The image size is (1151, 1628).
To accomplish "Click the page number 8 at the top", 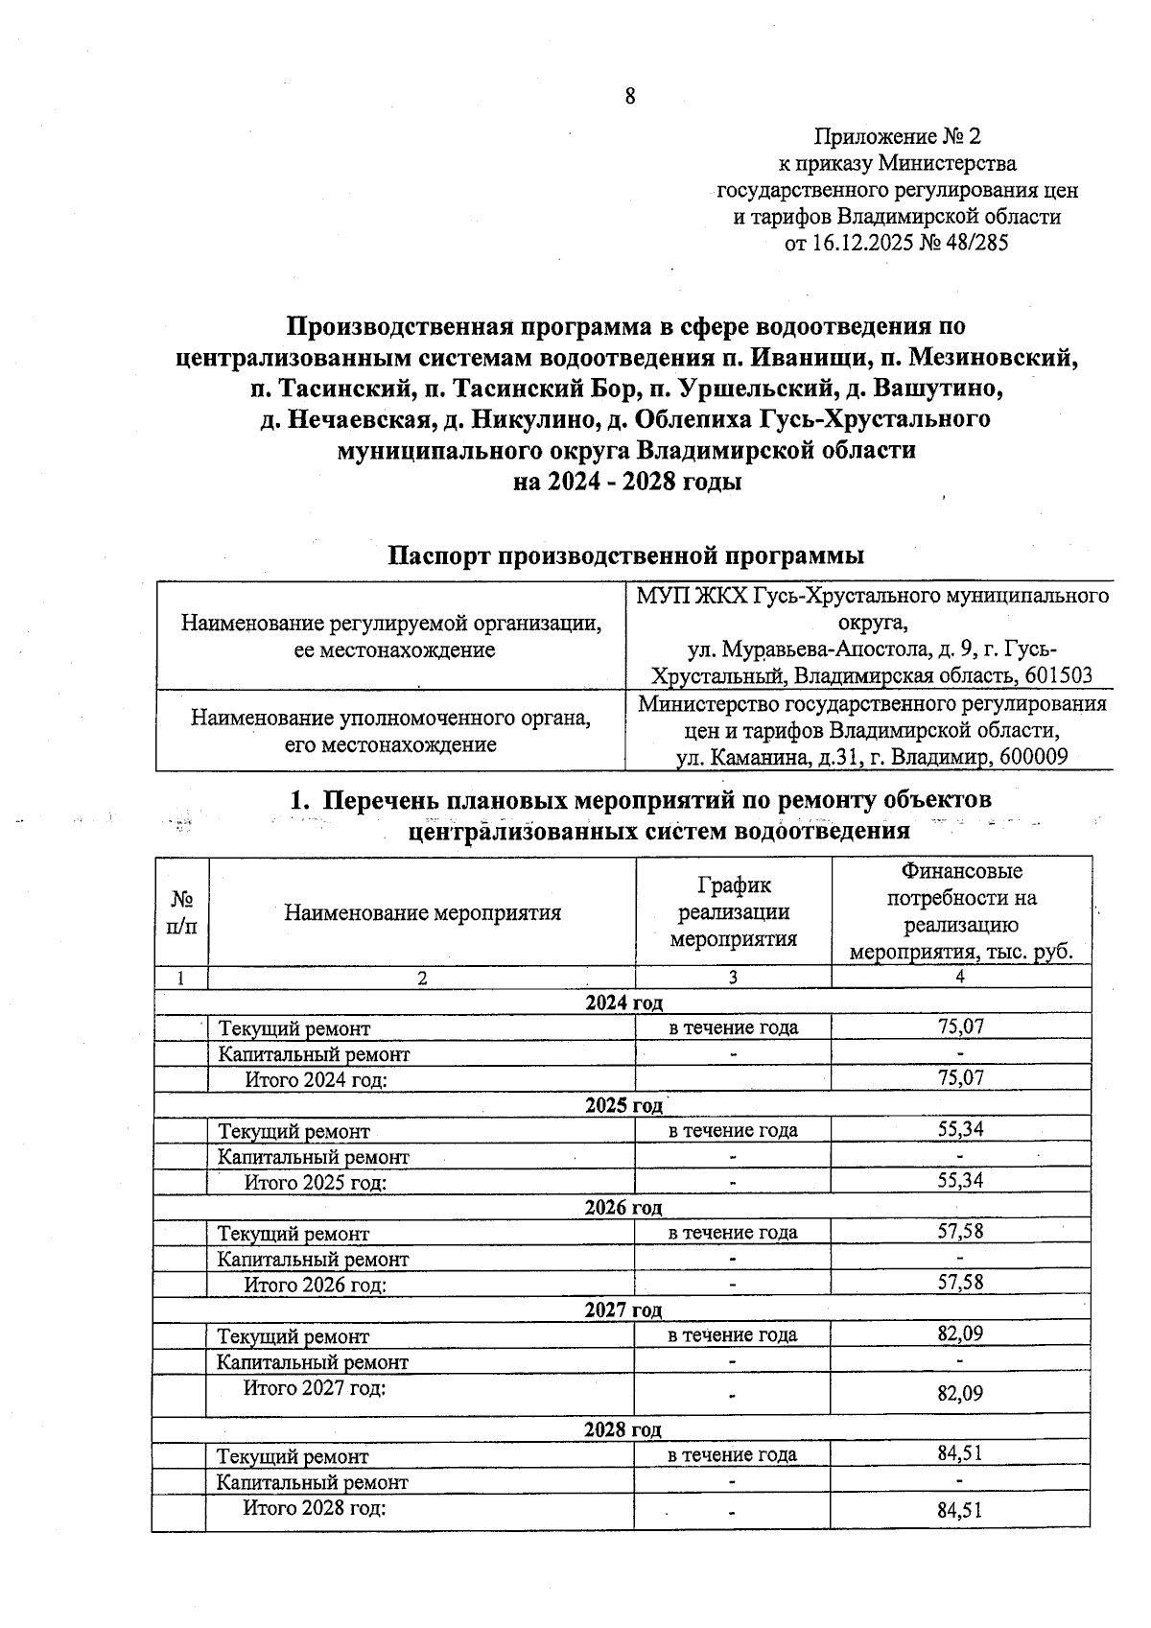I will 630,96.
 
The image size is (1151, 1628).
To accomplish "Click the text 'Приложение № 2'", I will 898,137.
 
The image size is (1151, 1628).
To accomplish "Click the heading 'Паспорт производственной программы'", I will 625,555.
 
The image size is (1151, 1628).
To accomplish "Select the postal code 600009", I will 1033,757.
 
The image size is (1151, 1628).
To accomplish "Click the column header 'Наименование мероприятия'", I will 422,912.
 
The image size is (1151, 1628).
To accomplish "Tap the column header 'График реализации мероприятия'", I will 733,911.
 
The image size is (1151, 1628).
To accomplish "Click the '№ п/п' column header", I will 181,912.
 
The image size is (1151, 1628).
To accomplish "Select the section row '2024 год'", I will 623,1003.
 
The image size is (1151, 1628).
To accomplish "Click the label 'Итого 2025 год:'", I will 316,1182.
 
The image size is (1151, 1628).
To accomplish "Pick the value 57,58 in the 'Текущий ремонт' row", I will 960,1231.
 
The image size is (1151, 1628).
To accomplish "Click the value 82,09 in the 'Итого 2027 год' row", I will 960,1393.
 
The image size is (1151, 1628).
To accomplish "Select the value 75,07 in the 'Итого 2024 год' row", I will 960,1078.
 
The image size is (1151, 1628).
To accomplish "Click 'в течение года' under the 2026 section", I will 733,1232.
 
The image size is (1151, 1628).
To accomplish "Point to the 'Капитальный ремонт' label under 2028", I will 313,1482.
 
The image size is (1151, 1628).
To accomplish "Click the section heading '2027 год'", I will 623,1310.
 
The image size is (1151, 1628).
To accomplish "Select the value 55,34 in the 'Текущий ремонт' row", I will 960,1129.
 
